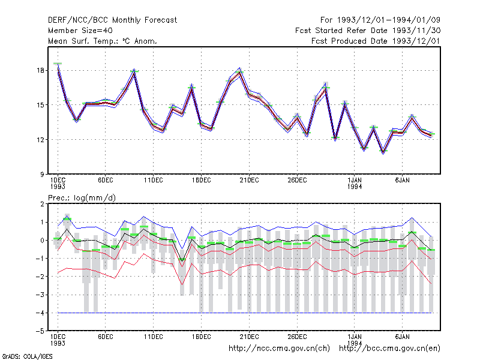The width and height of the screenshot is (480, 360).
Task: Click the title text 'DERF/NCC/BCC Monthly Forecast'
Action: tap(112, 20)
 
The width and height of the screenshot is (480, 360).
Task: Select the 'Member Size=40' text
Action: tap(80, 31)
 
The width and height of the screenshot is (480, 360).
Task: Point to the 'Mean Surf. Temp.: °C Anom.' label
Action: tap(103, 41)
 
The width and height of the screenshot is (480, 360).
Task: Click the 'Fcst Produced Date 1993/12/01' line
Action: tap(376, 41)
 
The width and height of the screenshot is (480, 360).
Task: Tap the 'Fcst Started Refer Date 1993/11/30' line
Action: tap(368, 31)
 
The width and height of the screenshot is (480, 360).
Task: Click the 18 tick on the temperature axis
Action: tap(40, 70)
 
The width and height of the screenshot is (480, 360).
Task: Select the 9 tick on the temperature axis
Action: tap(42, 175)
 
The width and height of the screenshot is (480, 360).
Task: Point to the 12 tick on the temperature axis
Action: tap(40, 140)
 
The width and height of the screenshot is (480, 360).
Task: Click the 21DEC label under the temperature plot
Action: tap(249, 181)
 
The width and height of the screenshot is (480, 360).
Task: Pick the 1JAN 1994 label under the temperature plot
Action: tap(355, 184)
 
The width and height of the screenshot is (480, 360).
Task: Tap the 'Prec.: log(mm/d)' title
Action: tap(82, 198)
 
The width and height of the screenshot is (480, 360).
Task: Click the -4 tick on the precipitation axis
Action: tap(40, 313)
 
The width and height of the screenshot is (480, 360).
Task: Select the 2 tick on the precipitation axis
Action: tap(42, 204)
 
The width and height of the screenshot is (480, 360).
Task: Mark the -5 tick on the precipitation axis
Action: tap(40, 331)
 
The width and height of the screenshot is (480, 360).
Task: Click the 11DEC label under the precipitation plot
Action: tap(154, 337)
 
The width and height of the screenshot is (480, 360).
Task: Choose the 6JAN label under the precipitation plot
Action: tap(402, 337)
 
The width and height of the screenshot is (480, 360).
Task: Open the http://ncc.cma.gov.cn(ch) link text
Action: tap(279, 349)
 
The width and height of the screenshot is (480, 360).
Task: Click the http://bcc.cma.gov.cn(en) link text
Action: tap(389, 349)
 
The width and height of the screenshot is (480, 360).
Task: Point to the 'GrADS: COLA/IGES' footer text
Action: tap(27, 356)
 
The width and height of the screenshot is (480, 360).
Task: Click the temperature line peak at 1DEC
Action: tap(58, 64)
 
